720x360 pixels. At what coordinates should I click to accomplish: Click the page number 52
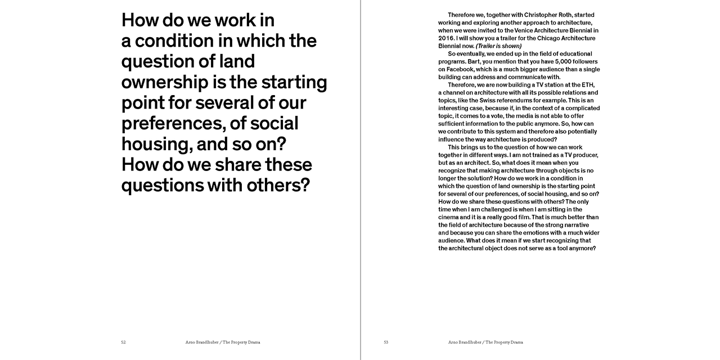123,342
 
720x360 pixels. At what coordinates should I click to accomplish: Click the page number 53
386,342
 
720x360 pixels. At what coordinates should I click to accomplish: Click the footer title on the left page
223,342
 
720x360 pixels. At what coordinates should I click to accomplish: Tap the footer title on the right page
486,342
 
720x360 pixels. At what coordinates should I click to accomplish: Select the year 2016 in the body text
447,38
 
